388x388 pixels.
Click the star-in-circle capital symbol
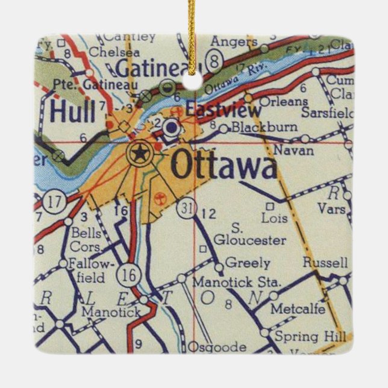click(140, 154)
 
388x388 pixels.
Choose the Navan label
click(293, 151)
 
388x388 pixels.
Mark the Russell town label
click(325, 263)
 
